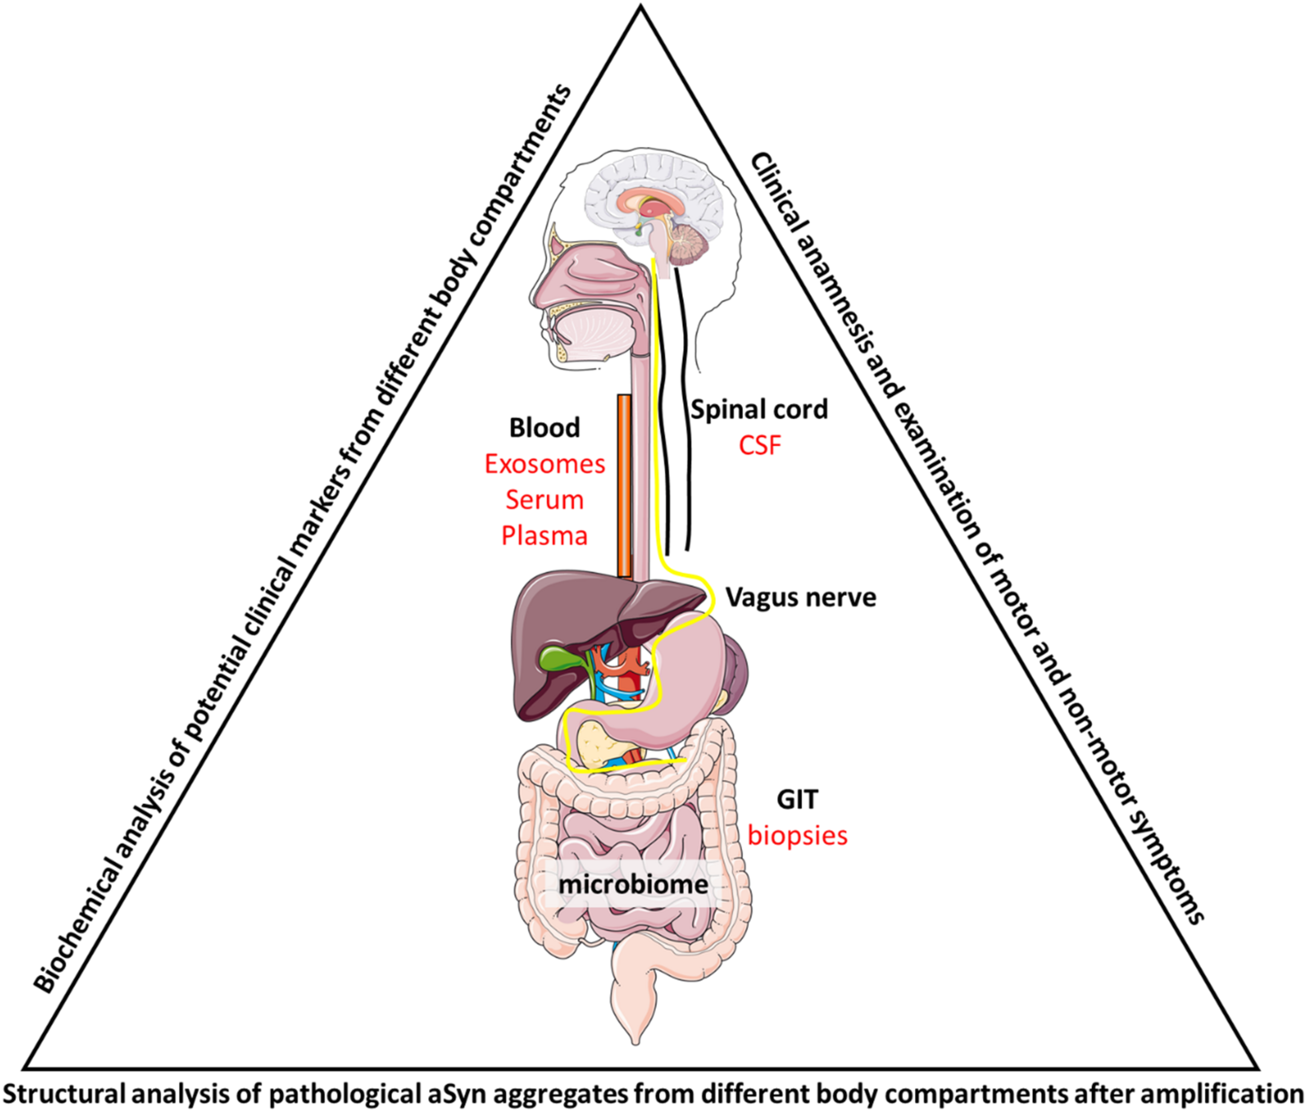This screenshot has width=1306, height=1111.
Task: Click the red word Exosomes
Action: [545, 465]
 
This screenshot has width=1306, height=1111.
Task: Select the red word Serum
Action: [545, 501]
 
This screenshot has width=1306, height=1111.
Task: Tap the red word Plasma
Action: [545, 536]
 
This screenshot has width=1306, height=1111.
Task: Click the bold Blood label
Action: [545, 429]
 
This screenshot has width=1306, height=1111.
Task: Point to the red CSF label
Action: [760, 446]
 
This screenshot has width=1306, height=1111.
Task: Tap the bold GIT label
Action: [797, 800]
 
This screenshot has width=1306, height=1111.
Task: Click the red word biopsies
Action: [797, 836]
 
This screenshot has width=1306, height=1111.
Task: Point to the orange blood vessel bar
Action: [624, 485]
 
